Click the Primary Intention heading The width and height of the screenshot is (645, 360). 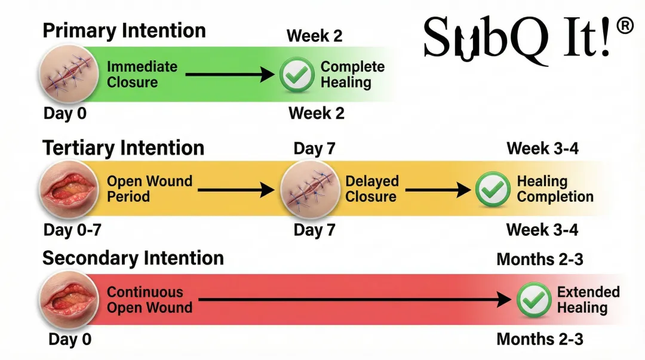coord(124,30)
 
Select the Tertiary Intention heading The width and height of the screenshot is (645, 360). coord(124,147)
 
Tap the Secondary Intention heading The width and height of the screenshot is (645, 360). coord(133,258)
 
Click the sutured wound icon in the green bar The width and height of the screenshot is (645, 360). coord(66,75)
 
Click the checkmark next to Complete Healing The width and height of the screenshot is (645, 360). coord(297,75)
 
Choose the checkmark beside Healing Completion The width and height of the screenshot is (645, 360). coord(493,189)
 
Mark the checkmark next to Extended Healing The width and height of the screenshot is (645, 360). coord(533,300)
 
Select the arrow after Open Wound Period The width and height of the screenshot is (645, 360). coord(235,190)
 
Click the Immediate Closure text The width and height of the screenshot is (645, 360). coord(142,74)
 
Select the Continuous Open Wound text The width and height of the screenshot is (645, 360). coord(149,300)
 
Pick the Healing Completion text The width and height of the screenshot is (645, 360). coord(555,189)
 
